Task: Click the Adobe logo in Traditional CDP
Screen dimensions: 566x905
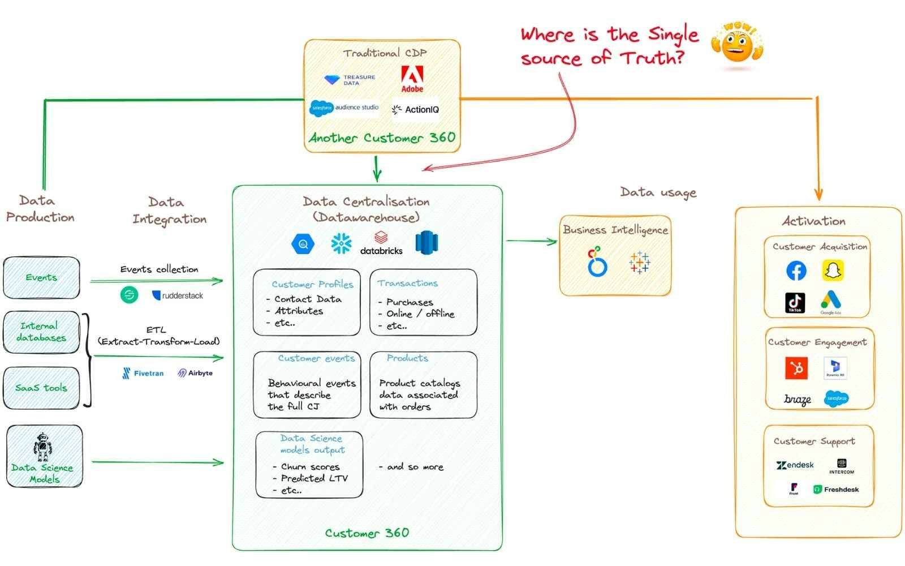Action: [x=412, y=79]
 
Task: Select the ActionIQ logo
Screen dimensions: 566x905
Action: [x=415, y=109]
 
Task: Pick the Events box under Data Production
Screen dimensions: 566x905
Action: [x=41, y=277]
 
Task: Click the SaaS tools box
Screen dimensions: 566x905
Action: [x=41, y=388]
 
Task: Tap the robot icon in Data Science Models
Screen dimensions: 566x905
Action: [x=43, y=447]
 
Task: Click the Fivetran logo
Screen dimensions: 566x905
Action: [x=143, y=373]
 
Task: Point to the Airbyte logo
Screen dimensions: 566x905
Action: [x=195, y=373]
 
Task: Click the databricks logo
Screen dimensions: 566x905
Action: [x=381, y=243]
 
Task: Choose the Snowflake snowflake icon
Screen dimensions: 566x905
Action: [x=341, y=243]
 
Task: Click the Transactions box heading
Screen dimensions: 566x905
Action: [x=408, y=283]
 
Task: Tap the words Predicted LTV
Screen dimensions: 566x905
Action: [x=314, y=478]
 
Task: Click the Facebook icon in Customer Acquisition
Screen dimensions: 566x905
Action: [x=796, y=271]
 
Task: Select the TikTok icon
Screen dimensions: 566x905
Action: [x=795, y=302]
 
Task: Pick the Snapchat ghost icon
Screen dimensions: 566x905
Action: [x=833, y=271]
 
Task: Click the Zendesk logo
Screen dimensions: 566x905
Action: [x=795, y=465]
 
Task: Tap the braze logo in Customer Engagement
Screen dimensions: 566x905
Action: [x=798, y=400]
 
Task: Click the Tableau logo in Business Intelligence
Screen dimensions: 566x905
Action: [x=639, y=263]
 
